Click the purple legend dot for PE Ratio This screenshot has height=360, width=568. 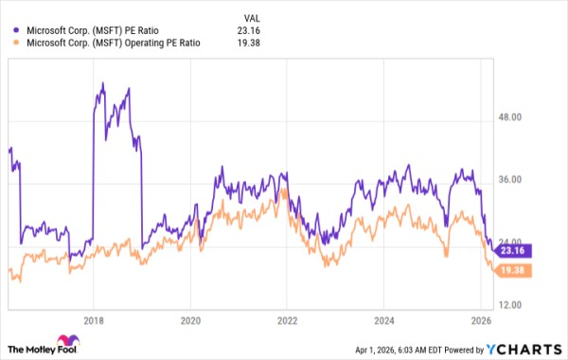coord(12,28)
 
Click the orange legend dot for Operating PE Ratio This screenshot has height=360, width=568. coord(12,42)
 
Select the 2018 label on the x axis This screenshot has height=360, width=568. coord(93,320)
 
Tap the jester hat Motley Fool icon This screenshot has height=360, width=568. coord(68,342)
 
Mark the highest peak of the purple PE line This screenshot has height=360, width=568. coord(101,84)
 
